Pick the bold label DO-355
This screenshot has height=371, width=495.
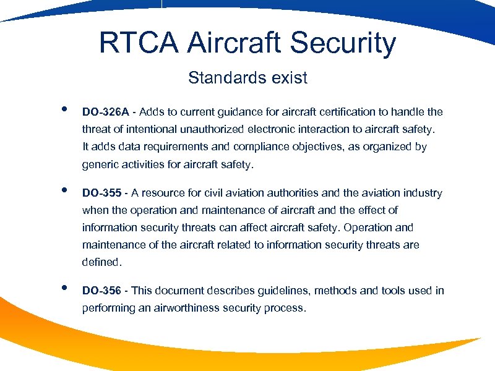click(103, 193)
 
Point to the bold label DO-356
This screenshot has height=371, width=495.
click(103, 291)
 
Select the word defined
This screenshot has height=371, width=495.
click(101, 262)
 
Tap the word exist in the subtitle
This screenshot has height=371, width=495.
click(288, 78)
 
